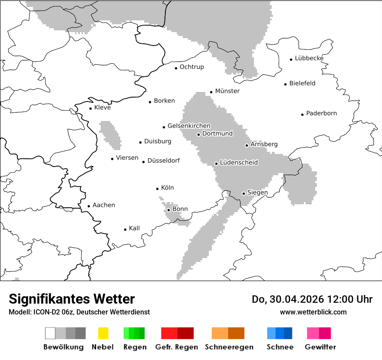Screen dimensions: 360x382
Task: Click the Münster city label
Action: [227, 91]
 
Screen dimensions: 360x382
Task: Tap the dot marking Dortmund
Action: [198, 134]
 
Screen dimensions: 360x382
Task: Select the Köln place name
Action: [167, 188]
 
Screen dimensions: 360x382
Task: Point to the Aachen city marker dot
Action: [89, 206]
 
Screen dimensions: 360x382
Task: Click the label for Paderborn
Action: [321, 114]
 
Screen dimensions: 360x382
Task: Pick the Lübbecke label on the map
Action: [309, 59]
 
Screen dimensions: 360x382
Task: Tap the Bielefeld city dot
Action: [286, 84]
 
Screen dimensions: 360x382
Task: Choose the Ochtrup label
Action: [191, 67]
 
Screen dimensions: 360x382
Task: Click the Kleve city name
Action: [102, 108]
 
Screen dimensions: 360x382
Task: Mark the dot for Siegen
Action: [244, 193]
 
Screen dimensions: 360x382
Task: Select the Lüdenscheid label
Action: [239, 163]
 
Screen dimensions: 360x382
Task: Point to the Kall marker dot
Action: [125, 229]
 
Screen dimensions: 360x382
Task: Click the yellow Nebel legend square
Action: [103, 333]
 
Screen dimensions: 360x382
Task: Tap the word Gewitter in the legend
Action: [320, 347]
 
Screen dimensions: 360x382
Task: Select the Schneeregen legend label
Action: [229, 347]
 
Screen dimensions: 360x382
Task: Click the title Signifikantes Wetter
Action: [72, 299]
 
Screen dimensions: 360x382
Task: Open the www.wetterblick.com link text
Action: [313, 312]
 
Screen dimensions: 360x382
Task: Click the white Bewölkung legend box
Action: [50, 333]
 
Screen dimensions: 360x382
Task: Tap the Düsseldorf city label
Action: [163, 161]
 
